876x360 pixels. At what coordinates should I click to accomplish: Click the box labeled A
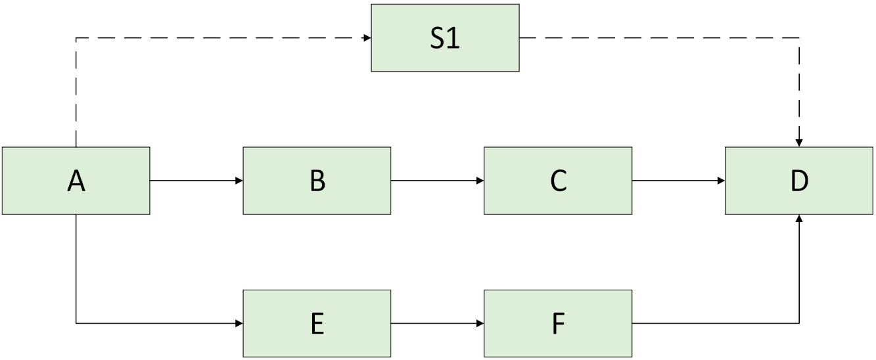click(76, 181)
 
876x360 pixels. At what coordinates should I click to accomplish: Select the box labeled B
click(317, 181)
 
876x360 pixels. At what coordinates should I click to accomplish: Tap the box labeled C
click(558, 181)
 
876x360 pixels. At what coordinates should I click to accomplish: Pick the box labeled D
click(798, 181)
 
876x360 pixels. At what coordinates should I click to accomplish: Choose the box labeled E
click(317, 323)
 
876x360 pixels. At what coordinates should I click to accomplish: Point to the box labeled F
click(558, 323)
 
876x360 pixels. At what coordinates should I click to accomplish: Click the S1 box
click(445, 37)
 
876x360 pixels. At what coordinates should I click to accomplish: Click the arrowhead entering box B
click(239, 181)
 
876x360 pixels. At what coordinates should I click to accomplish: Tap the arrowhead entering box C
click(480, 181)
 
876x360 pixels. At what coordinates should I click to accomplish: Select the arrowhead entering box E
click(239, 323)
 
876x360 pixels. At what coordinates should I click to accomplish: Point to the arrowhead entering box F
click(480, 323)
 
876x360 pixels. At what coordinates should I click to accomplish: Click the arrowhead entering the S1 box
click(367, 37)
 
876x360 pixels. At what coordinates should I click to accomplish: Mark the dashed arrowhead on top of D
click(799, 143)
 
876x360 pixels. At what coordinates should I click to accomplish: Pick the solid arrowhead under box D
click(799, 219)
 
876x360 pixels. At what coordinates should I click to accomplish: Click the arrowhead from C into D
click(721, 181)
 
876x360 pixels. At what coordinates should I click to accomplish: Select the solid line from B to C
click(434, 181)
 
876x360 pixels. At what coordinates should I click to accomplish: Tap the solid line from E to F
click(434, 323)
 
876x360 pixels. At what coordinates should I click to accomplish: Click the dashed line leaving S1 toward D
click(657, 37)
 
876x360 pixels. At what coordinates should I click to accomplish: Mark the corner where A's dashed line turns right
click(77, 38)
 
